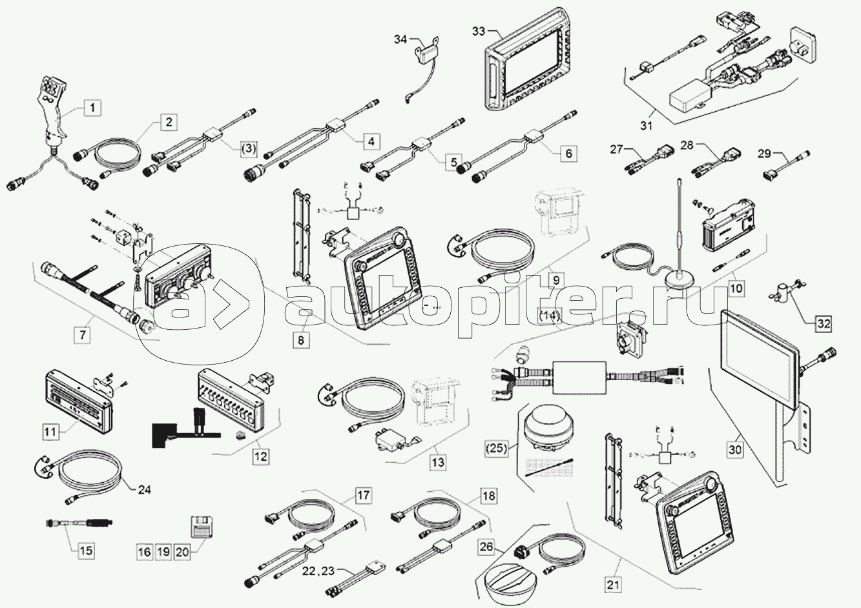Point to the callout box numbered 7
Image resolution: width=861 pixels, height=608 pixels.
pos(82,334)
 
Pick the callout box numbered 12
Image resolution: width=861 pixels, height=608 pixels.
pos(260,456)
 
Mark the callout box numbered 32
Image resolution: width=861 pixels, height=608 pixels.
pos(822,323)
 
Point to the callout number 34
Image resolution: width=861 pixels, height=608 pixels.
pos(400,40)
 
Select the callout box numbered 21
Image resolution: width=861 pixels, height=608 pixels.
pos(614,585)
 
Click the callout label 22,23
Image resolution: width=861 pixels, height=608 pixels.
pos(318,571)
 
